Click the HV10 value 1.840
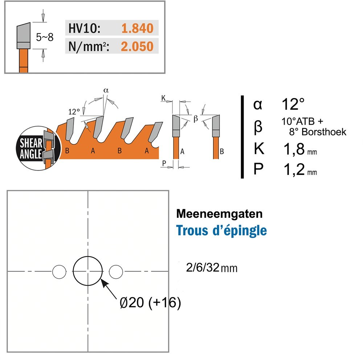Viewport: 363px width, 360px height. pos(137,28)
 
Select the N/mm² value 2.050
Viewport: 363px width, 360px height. pos(137,46)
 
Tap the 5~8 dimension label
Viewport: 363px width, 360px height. pos(44,37)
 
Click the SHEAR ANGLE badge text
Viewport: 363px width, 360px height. pos(31,149)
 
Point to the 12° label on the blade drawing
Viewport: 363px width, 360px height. pos(74,112)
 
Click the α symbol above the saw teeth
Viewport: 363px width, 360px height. pos(106,90)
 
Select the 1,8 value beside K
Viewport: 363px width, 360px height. pos(294,149)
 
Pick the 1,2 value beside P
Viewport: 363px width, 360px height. pos(294,169)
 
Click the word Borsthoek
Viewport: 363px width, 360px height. pos(324,132)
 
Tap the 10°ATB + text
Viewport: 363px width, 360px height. pos(302,121)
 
